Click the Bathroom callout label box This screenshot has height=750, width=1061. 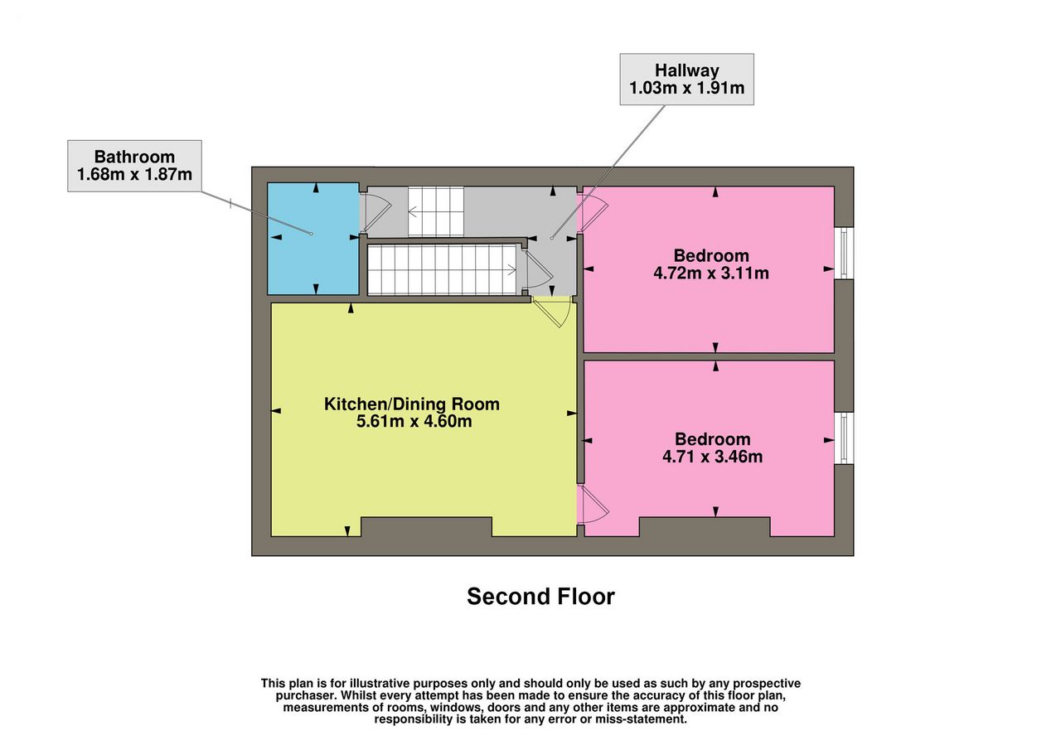tap(134, 166)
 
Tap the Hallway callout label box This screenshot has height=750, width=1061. tap(687, 79)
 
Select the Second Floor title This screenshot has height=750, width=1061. tap(540, 597)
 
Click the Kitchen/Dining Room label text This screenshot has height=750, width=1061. tap(412, 404)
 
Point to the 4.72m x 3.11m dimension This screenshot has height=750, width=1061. tap(711, 273)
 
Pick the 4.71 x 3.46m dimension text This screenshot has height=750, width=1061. tap(712, 457)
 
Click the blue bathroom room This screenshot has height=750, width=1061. tap(313, 239)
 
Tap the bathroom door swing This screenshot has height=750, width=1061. tap(376, 213)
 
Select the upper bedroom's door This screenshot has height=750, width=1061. tap(593, 213)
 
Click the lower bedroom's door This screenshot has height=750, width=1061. tap(593, 506)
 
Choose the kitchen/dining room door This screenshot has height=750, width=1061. tap(552, 312)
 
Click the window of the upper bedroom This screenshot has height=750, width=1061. tap(844, 254)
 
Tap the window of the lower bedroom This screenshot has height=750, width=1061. tap(844, 438)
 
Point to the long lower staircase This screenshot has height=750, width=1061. tap(443, 270)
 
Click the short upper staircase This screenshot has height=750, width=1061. tap(436, 211)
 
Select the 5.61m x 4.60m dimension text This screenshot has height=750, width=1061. tap(414, 421)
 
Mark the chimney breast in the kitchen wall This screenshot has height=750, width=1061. tap(426, 526)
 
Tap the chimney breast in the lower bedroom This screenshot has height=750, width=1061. tap(705, 526)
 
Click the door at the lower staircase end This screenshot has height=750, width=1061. tap(538, 270)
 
